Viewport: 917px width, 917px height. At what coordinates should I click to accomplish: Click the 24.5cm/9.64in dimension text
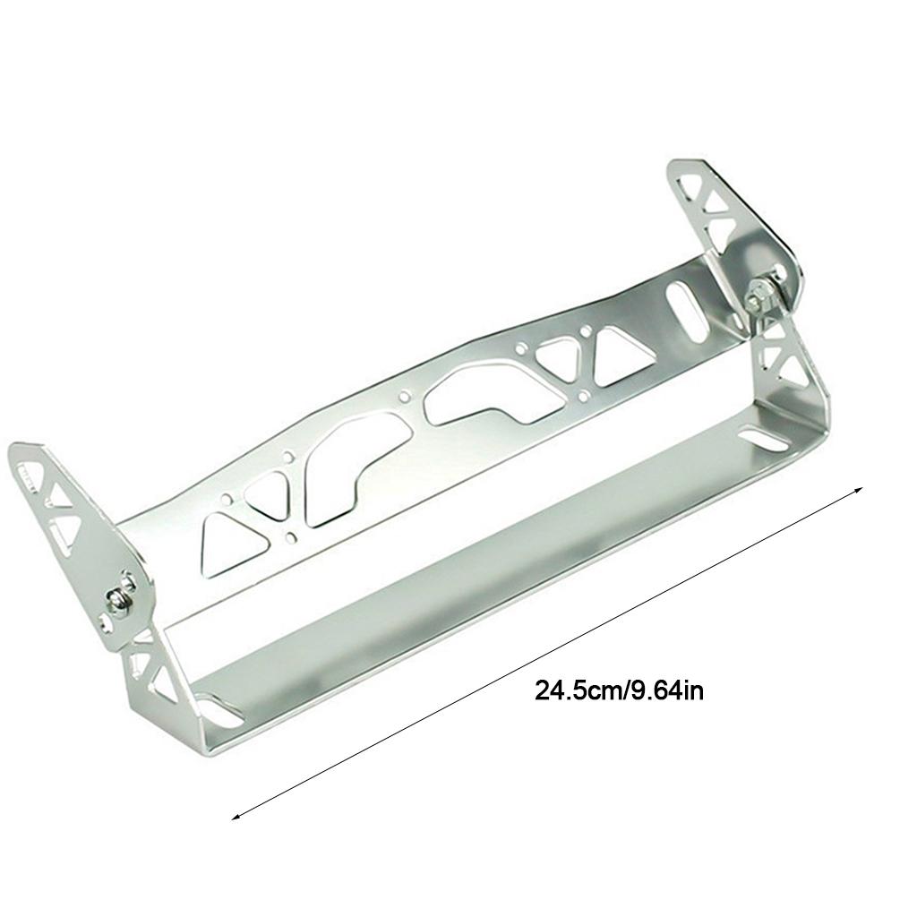[x=620, y=691]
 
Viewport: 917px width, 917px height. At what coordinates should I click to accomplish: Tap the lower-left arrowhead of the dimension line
[x=236, y=817]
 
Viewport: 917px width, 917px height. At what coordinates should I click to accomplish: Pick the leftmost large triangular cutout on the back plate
[x=232, y=542]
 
